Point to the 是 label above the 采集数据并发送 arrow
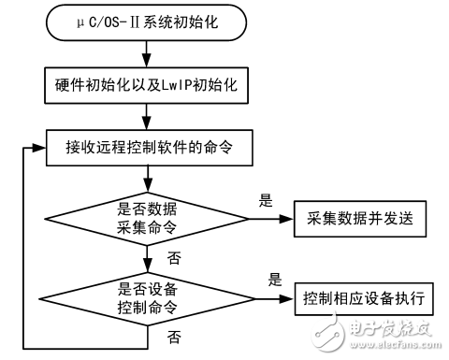coord(264,199)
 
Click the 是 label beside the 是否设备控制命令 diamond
coord(274,280)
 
